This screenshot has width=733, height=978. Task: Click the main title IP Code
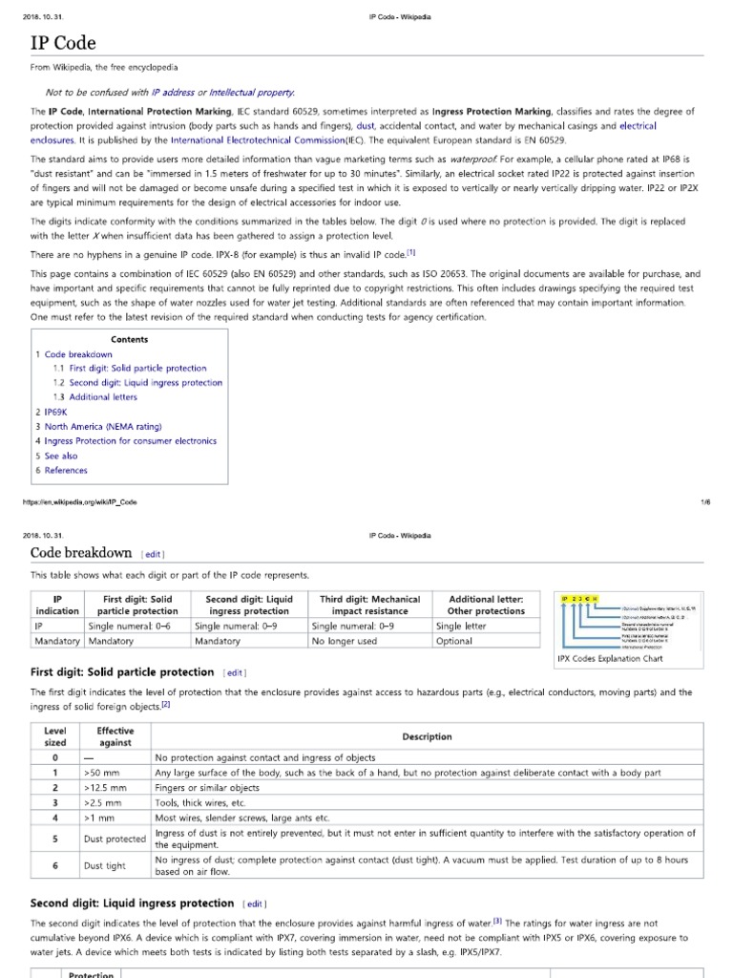pos(63,44)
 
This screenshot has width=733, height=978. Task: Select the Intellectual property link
pos(252,92)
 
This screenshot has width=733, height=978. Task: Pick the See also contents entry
pos(61,456)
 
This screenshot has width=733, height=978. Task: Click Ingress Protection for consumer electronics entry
pos(130,441)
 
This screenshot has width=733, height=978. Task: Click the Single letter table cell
pos(461,626)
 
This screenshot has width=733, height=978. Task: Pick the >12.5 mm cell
pos(104,788)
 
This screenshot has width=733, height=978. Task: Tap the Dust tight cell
pos(104,865)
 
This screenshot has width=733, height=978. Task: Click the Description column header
pos(427,736)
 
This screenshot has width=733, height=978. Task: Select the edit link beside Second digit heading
pos(255,903)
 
